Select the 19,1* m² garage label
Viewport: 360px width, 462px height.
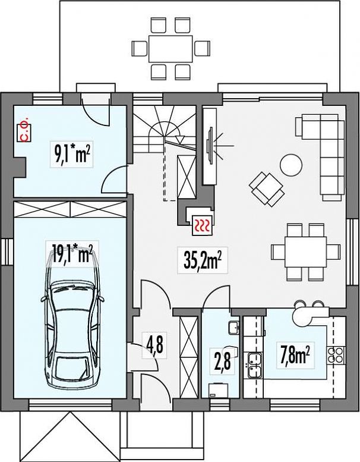point(72,254)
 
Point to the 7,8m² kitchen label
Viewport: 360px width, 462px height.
point(295,355)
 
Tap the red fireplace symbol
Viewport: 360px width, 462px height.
point(202,225)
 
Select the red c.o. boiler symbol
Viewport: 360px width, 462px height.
point(25,133)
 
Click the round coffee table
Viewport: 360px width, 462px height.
point(291,165)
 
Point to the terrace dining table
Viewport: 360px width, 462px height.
point(170,49)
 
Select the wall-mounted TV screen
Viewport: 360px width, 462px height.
point(210,145)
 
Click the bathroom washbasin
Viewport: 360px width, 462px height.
point(233,328)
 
